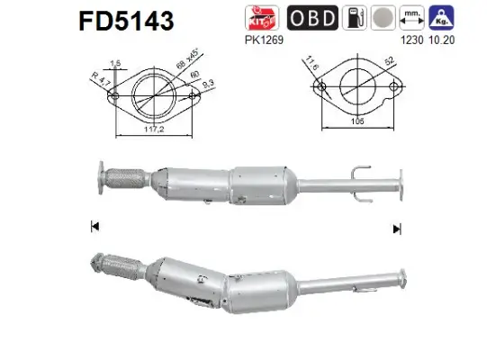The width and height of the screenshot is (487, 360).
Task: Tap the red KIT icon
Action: pos(259,18)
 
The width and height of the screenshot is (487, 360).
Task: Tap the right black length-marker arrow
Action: pos(396,229)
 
